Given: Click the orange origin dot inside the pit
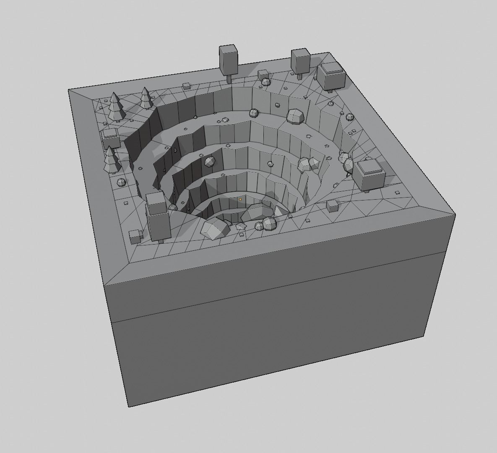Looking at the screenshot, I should tap(240, 199).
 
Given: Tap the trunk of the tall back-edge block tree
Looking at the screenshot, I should tap(229, 78).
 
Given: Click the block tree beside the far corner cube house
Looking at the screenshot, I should tap(300, 60).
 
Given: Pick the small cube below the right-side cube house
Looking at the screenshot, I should tap(332, 206).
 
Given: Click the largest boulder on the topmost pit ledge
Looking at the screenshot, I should tap(296, 116).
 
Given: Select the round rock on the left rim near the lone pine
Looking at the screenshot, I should tap(121, 182).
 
